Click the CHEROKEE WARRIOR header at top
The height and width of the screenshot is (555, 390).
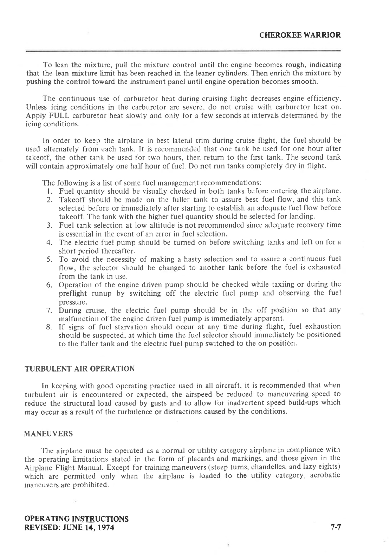coord(300,35)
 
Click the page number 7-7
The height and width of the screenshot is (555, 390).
coord(336,527)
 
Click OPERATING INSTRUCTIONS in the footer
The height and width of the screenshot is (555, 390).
coord(77,519)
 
